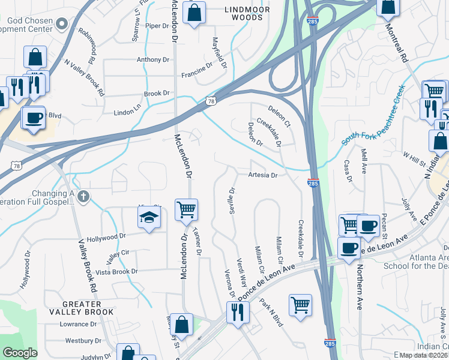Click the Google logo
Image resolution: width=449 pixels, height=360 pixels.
(x=20, y=353)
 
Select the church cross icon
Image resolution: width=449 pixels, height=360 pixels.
(x=83, y=196)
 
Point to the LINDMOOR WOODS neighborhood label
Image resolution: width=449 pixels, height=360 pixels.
(x=243, y=13)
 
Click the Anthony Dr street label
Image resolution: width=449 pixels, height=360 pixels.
(x=153, y=60)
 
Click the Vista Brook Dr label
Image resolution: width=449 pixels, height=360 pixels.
(x=117, y=271)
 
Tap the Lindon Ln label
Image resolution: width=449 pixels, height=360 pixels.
(x=127, y=113)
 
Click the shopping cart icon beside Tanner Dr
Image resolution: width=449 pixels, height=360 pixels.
(x=186, y=210)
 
